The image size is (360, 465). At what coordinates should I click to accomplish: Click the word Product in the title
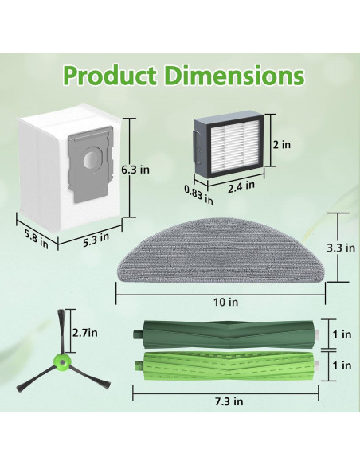click(x=110, y=76)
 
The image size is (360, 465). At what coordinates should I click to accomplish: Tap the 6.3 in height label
click(x=135, y=170)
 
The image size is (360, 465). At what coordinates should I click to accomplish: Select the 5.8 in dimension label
click(x=36, y=239)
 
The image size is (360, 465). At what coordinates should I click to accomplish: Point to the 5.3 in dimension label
click(x=96, y=240)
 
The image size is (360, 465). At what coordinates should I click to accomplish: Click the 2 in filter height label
click(x=282, y=145)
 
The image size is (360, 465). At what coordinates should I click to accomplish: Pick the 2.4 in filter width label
click(x=241, y=187)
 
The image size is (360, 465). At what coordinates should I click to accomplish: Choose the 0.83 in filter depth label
click(x=198, y=194)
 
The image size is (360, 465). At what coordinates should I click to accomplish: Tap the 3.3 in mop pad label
click(x=341, y=248)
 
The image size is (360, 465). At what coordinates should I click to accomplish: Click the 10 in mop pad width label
click(x=226, y=302)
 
